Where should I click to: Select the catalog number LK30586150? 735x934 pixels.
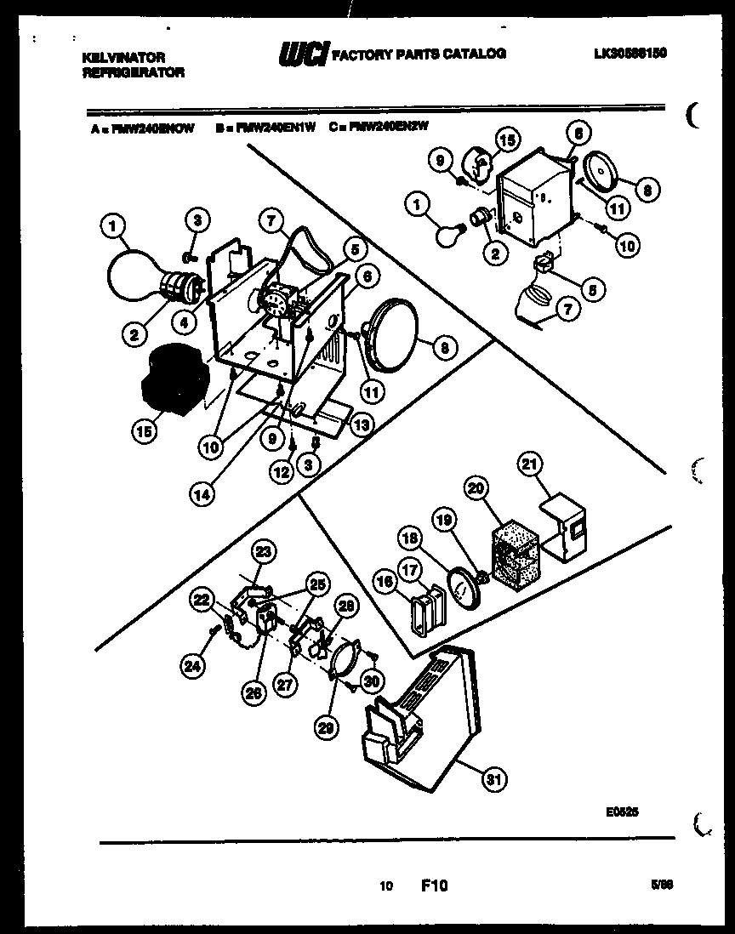tap(630, 53)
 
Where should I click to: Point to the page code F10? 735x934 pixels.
tap(434, 886)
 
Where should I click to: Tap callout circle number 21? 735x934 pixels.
tap(529, 464)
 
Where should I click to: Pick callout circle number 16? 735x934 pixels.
tap(384, 581)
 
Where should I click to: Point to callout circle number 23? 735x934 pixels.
tap(264, 552)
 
